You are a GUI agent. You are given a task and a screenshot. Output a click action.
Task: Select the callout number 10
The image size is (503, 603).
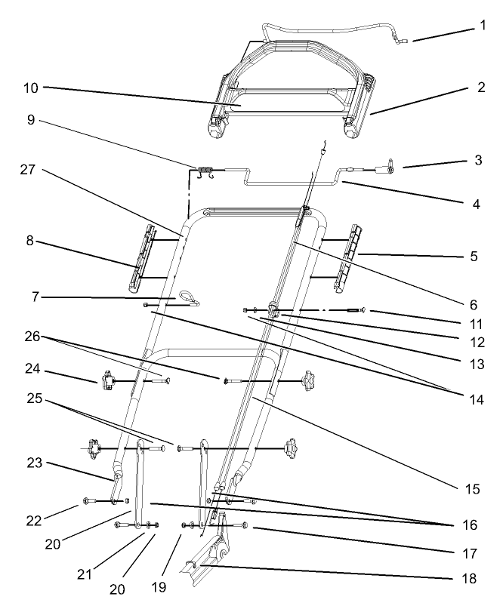pos(30,88)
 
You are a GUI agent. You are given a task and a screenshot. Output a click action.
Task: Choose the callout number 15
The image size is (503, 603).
pos(473,489)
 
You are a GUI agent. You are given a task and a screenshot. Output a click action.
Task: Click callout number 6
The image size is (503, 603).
pos(473,305)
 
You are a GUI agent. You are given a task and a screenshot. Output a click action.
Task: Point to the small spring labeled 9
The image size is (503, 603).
pos(205,172)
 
